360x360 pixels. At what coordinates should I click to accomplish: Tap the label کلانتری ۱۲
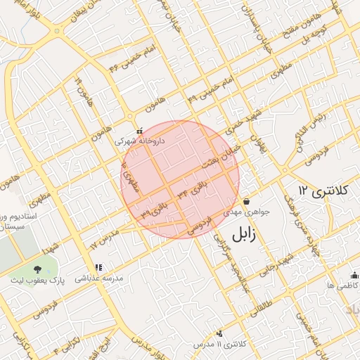328,191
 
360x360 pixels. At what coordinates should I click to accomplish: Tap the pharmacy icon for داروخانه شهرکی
139,130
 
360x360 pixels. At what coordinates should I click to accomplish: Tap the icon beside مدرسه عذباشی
98,268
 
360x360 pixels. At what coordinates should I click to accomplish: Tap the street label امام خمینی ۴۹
211,90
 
